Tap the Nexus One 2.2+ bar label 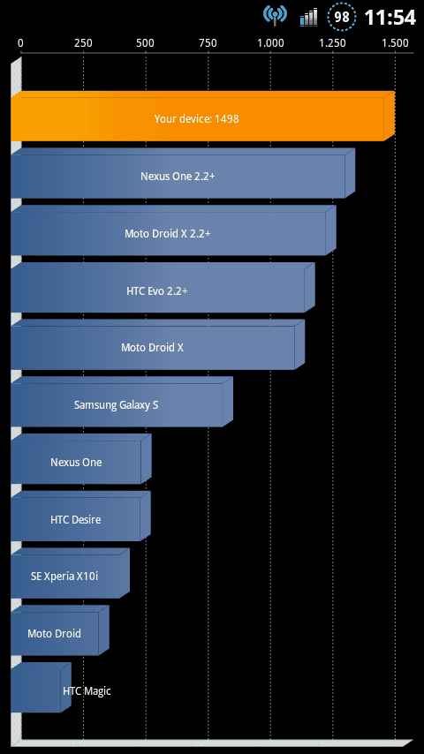coord(178,176)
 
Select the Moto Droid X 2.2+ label coord(168,233)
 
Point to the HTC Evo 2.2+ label coord(157,290)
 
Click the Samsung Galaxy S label coord(116,405)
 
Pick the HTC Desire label coord(76,519)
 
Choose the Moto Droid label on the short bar coord(54,633)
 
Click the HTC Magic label coord(87,691)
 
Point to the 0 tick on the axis coord(20,43)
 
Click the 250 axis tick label coord(83,43)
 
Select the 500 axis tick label coord(146,43)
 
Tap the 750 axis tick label coord(208,43)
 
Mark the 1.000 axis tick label coord(270,43)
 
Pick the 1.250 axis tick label coord(332,43)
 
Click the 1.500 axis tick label coord(395,43)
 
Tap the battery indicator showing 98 coord(342,17)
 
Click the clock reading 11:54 coord(390,18)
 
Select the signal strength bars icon coord(308,17)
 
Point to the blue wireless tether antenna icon coord(275,15)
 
